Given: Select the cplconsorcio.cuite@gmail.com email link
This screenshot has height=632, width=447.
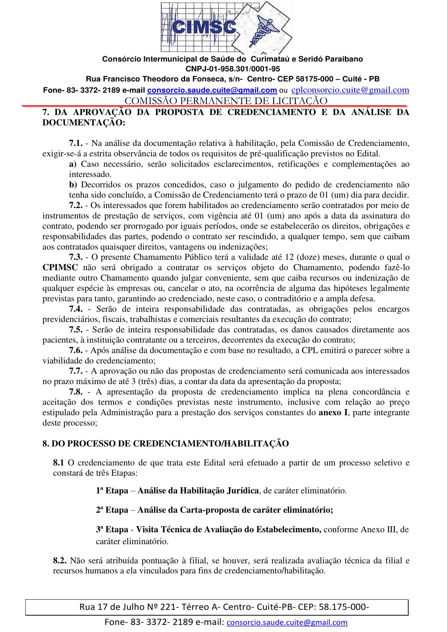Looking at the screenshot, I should click(350, 90).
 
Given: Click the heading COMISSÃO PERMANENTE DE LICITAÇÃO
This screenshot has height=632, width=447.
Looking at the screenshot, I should click(226, 100).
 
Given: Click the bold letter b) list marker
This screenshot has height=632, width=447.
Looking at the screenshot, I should click(73, 185).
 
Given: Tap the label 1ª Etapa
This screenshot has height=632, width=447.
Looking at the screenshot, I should click(112, 490).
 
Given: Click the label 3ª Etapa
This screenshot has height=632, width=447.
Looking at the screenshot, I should click(112, 529).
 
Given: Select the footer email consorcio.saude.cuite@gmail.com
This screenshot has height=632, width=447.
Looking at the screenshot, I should click(287, 622).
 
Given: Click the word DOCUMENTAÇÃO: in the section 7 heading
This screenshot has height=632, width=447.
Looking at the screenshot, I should click(84, 122).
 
